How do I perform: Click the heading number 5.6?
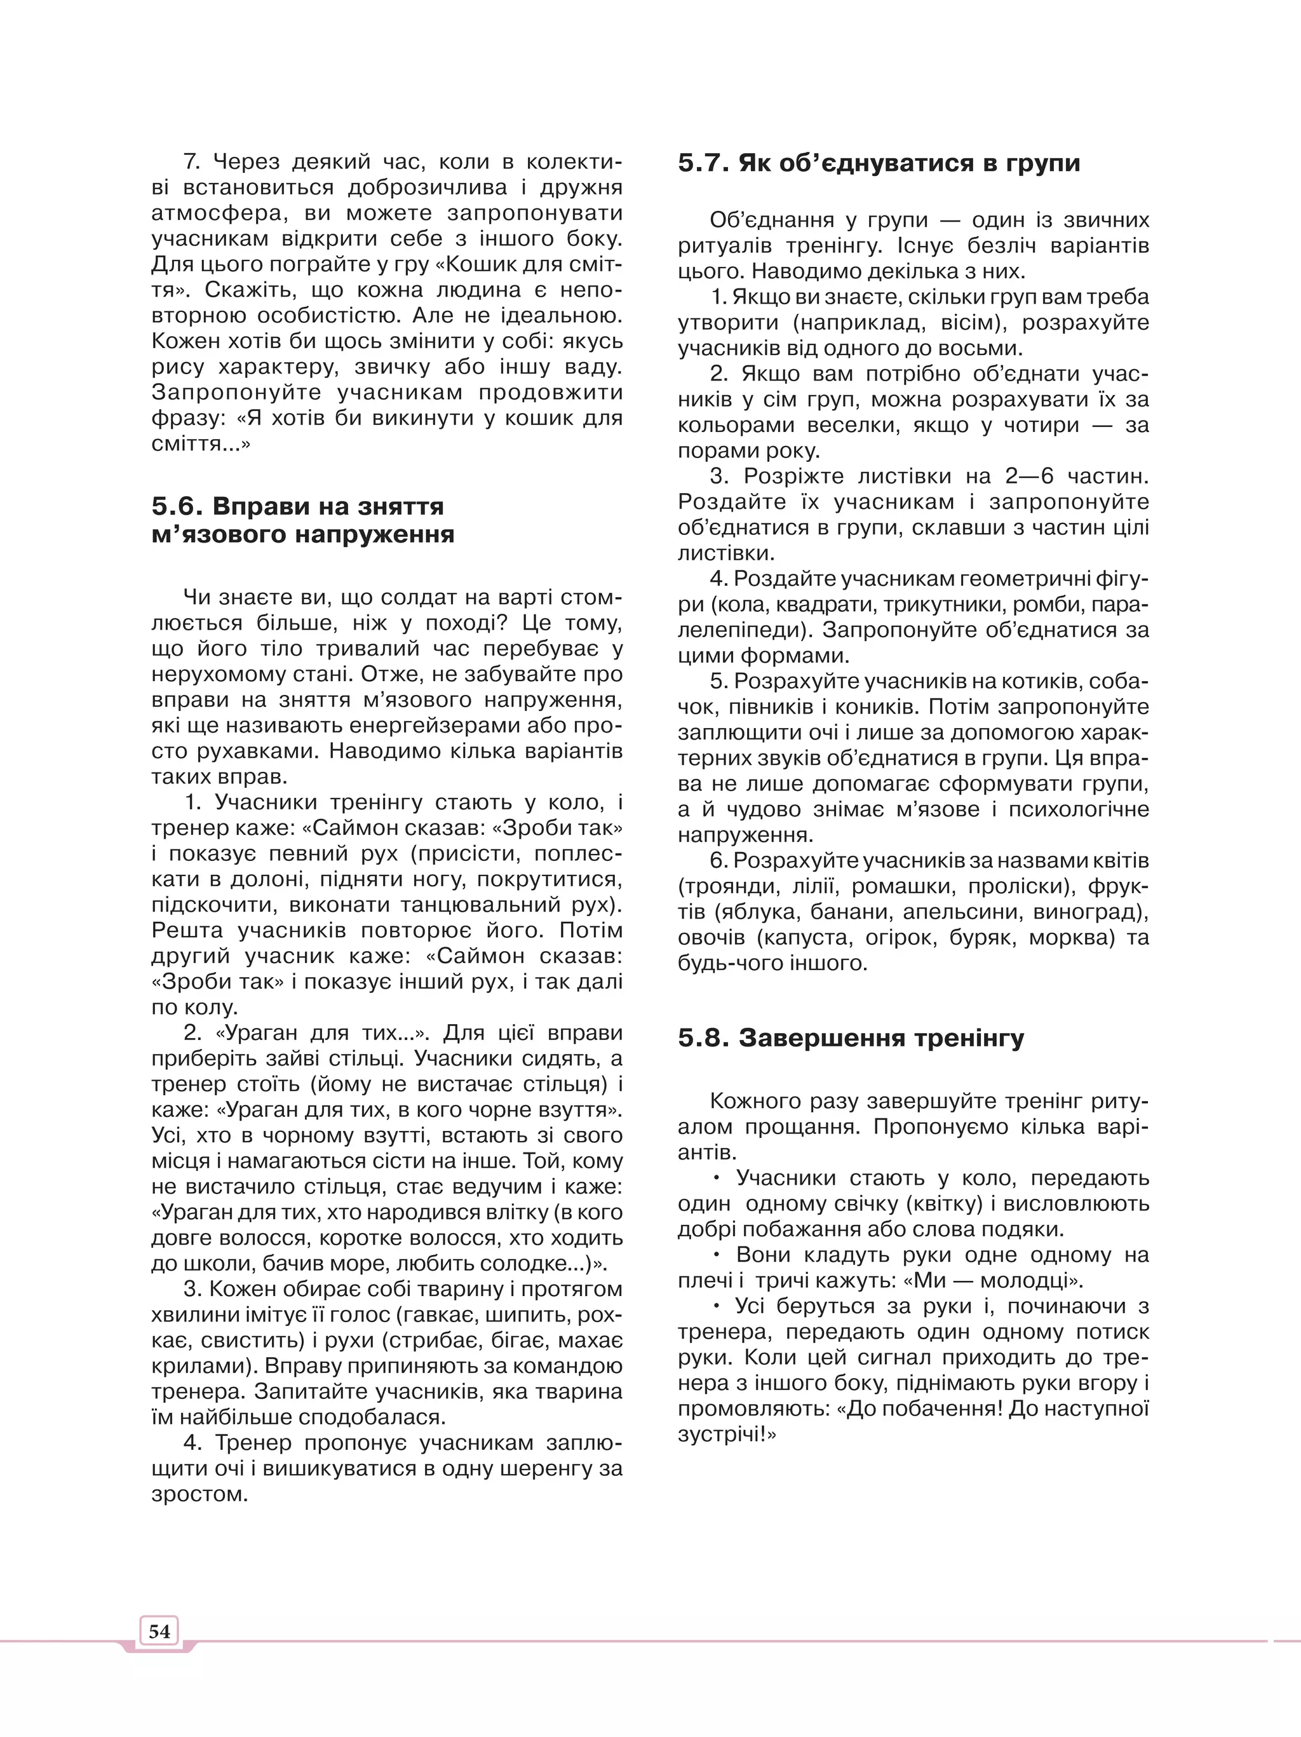(177, 506)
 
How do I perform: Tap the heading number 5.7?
(703, 163)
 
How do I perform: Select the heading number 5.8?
(703, 1038)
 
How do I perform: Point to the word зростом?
(199, 1494)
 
